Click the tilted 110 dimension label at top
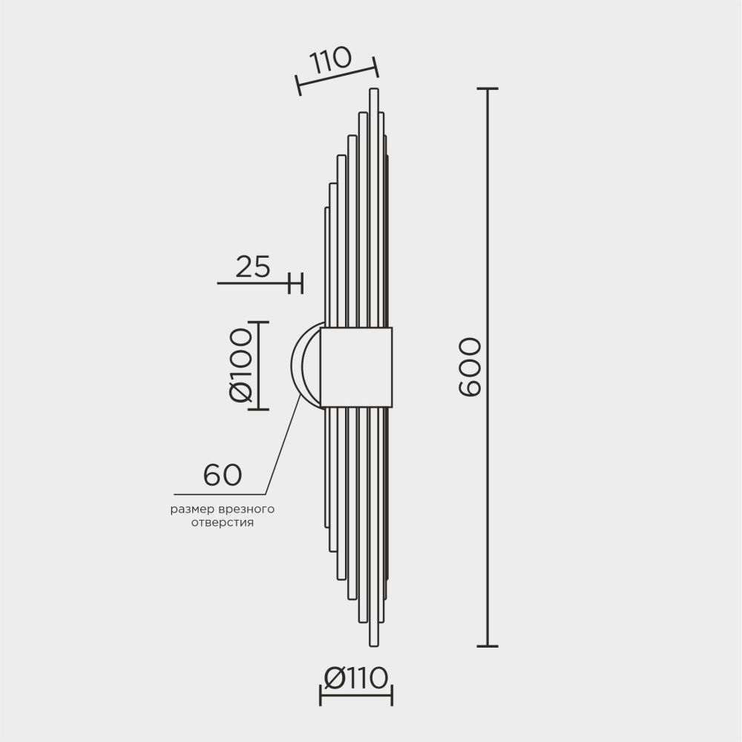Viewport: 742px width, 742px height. pos(331,59)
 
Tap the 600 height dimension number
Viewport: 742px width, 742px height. pos(470,367)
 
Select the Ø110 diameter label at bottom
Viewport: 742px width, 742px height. pos(356,677)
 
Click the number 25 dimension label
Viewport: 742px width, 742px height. pos(253,266)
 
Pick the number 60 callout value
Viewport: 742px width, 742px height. pos(223,475)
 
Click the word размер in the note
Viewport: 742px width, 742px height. pos(193,510)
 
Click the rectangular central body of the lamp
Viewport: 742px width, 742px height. pos(356,367)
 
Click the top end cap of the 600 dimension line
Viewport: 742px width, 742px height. pos(487,88)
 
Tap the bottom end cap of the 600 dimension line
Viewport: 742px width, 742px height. pos(487,646)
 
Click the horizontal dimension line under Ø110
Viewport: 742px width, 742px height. pos(356,696)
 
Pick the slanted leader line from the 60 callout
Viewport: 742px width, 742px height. pos(282,446)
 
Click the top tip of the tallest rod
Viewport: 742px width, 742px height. pos(373,91)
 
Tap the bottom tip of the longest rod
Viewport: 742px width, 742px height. pos(373,644)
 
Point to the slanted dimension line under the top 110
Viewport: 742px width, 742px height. pos(338,76)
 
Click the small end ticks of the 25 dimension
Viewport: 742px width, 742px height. pos(297,283)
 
